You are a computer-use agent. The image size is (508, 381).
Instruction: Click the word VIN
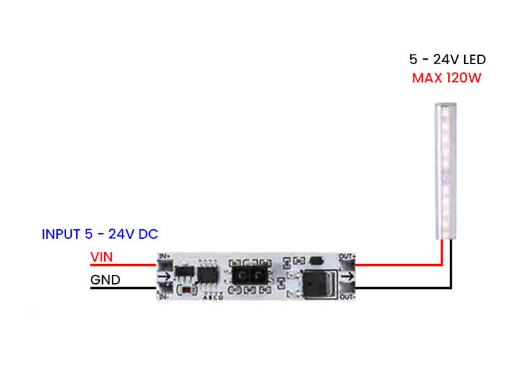coord(102,257)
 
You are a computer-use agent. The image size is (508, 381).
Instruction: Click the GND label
coord(105,279)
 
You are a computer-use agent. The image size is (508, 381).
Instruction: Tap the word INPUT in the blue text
coord(61,234)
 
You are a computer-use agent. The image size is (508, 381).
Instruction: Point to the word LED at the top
coord(474,60)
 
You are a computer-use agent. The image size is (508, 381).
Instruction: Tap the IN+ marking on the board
coord(164,255)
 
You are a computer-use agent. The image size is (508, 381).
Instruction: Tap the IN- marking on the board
coord(164,297)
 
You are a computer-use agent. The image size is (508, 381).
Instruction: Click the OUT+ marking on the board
coord(347,256)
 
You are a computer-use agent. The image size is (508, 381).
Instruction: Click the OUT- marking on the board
coord(347,297)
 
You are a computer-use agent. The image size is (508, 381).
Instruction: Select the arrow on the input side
coord(164,276)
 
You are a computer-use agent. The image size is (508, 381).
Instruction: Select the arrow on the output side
coord(348,277)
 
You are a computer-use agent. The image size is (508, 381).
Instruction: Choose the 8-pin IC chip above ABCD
coord(207,274)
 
